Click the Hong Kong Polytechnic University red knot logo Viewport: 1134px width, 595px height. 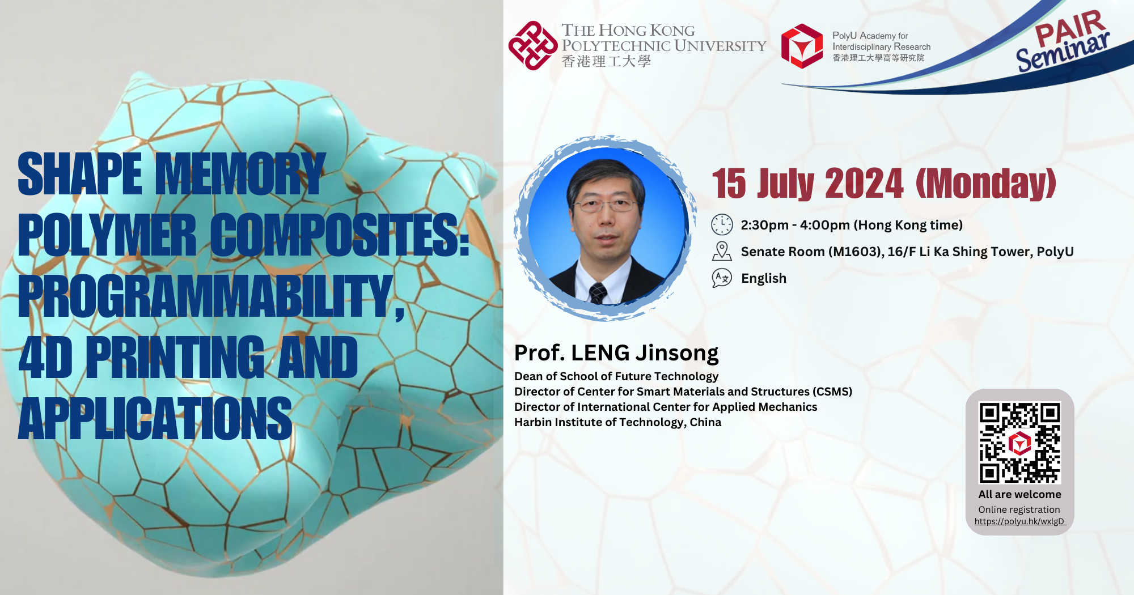point(532,46)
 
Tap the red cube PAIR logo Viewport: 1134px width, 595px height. point(802,46)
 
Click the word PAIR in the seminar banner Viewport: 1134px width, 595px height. point(1069,28)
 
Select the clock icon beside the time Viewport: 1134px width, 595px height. point(722,225)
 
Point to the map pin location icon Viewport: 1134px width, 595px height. point(722,251)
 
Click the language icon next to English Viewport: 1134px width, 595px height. point(722,278)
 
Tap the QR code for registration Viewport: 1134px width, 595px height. point(1019,443)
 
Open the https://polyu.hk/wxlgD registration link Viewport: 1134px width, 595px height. point(1019,521)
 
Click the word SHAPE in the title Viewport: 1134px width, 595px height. point(79,174)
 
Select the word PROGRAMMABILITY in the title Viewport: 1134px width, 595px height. point(210,296)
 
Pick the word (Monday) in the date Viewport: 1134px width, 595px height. point(986,184)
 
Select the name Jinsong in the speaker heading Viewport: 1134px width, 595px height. point(677,353)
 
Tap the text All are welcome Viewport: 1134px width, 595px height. point(1019,494)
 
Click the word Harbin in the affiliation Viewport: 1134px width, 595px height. point(532,422)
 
